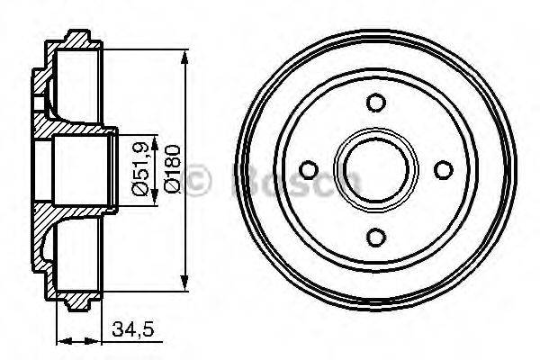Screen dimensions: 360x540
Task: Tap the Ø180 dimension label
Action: tap(172, 169)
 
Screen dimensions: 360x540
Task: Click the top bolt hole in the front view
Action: tap(375, 103)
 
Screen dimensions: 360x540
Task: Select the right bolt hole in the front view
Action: tap(441, 169)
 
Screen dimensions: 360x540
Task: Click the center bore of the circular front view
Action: tap(375, 169)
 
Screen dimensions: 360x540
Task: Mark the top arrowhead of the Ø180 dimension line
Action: tap(184, 56)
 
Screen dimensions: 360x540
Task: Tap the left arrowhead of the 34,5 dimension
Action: tap(60, 341)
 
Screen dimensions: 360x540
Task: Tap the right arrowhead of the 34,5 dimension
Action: tap(98, 341)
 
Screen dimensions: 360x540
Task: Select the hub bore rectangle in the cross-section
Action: tap(81, 169)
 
